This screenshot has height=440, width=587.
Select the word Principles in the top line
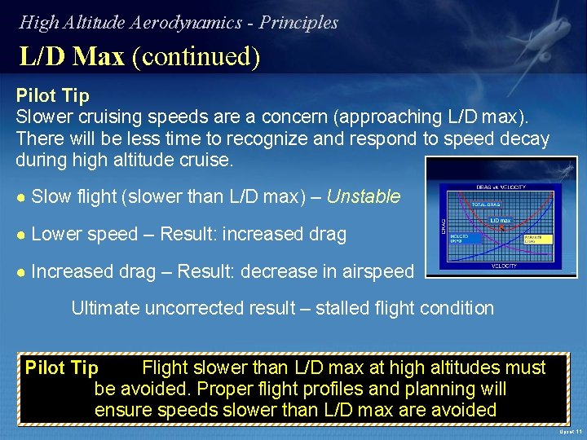click(x=298, y=23)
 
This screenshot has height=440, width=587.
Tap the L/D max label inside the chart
click(x=500, y=220)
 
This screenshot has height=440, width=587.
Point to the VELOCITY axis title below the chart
click(x=503, y=266)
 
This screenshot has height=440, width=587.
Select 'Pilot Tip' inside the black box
click(x=61, y=368)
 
